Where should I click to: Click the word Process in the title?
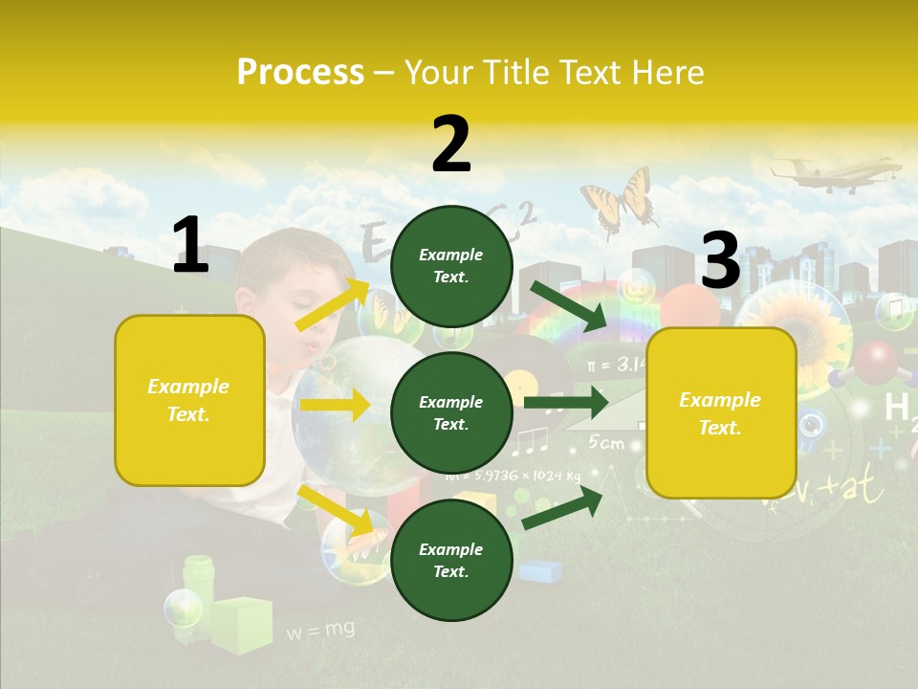300,73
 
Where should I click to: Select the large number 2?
451,145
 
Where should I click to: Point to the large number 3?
720,261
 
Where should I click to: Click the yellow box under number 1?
189,400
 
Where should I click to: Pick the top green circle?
451,266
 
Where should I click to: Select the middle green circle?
451,413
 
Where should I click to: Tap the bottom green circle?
451,561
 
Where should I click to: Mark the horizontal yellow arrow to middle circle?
335,406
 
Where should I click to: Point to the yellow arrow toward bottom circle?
336,510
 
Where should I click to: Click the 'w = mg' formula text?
320,630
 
